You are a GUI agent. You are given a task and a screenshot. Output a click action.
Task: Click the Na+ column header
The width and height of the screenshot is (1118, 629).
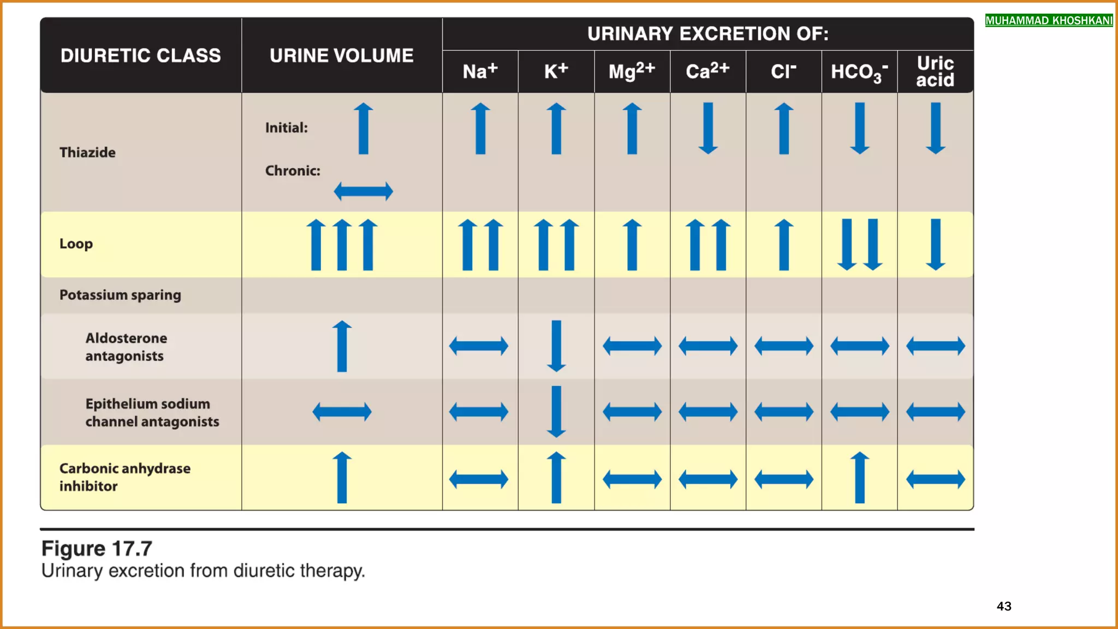480,72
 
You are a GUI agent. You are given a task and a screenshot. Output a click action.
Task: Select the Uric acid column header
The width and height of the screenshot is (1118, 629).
935,72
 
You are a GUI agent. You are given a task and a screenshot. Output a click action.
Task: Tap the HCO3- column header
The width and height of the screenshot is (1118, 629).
859,72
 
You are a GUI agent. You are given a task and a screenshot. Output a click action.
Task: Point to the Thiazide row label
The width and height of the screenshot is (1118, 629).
87,152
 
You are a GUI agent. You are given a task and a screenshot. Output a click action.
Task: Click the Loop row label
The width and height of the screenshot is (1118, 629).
76,244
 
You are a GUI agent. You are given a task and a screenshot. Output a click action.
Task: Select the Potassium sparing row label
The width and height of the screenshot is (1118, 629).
120,295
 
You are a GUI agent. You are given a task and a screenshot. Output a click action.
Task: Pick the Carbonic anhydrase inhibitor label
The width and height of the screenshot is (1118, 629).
124,477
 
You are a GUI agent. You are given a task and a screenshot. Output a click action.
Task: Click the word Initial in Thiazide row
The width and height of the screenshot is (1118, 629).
286,128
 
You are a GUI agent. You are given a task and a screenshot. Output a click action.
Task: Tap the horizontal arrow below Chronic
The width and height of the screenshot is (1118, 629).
363,191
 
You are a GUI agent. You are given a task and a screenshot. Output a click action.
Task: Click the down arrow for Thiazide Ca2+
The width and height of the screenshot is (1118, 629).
708,128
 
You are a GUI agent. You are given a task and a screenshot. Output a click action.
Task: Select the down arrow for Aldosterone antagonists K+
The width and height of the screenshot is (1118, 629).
556,346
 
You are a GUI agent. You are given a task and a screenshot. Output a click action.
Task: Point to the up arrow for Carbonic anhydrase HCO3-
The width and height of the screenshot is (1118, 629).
859,477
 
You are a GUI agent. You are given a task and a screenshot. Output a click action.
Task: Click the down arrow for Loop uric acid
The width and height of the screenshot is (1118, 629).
935,245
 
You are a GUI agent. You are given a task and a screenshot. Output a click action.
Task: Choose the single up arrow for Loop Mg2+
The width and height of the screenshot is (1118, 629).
632,245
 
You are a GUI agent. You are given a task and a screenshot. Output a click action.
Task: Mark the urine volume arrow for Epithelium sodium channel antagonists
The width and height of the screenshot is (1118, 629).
342,412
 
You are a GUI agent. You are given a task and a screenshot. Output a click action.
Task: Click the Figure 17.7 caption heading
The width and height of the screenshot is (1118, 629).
97,548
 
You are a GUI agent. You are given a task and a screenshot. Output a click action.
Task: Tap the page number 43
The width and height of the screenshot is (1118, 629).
1003,606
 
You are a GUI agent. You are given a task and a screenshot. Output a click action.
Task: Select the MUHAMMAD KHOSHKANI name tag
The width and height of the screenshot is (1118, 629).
1049,21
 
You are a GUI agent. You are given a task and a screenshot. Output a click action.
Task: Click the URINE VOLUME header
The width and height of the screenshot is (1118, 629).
341,56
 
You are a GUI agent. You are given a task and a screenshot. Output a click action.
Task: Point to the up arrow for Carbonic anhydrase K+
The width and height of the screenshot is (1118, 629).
556,477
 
